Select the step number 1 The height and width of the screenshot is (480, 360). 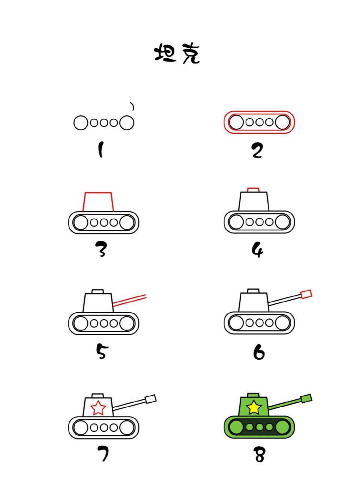coord(100,150)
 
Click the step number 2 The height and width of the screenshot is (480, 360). coord(257,150)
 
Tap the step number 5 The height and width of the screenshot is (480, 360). coord(101,351)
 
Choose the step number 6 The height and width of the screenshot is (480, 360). coord(259,351)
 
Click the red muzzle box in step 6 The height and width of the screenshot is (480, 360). coord(306,294)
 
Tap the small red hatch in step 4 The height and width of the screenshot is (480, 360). coord(253,190)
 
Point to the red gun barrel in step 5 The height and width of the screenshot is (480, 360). coord(130,300)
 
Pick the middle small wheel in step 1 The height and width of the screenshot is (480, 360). coord(104,123)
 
